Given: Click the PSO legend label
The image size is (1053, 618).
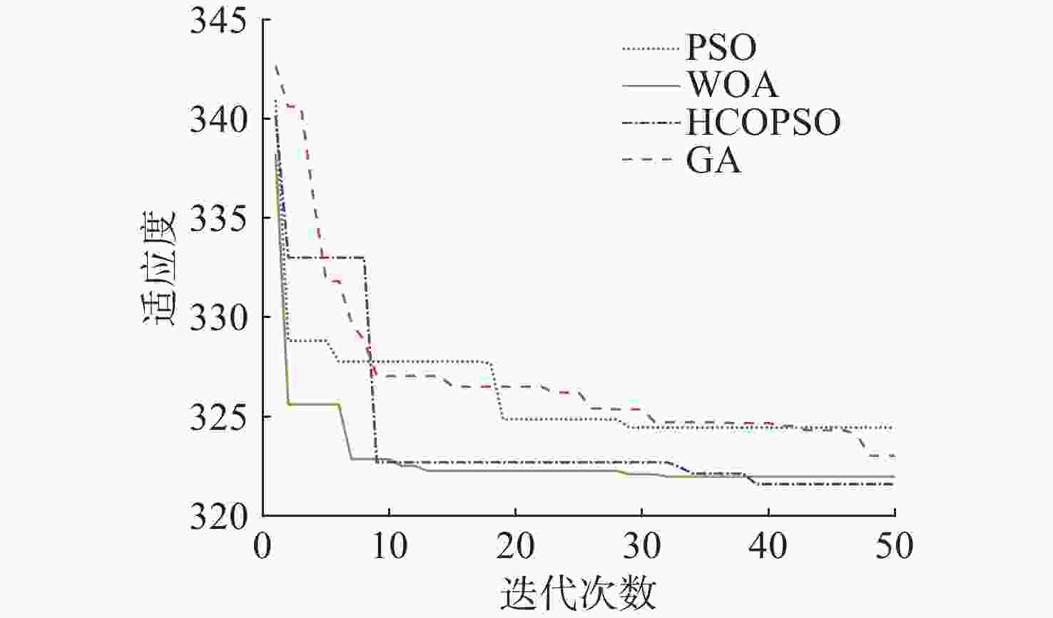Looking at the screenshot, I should coord(721,48).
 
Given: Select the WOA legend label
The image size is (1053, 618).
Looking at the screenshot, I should coord(732,85).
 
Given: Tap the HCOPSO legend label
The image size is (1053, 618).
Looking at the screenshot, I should coord(763,123).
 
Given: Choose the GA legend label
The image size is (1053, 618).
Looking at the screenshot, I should coord(713,160).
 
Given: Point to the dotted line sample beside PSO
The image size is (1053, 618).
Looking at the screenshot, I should coord(650,48).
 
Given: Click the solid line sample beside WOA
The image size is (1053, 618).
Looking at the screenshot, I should coord(650,86).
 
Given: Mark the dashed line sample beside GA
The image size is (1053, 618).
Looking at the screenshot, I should coord(650,160).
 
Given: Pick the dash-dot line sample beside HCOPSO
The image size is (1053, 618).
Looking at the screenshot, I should coord(650,123).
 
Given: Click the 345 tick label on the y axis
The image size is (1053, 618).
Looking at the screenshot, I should coord(217,21).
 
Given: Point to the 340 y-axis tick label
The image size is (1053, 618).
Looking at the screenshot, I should coord(217,120).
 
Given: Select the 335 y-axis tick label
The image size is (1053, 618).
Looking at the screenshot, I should coord(217,219).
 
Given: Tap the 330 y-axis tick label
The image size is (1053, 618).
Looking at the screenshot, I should coord(217,318).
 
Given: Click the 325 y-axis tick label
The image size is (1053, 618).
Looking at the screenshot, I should coord(217,417).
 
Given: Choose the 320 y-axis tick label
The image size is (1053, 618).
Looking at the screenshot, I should coord(217,516).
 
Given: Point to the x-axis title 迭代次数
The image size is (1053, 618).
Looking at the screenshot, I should coord(578,592).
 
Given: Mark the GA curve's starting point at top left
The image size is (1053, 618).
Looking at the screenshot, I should coord(276,66).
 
